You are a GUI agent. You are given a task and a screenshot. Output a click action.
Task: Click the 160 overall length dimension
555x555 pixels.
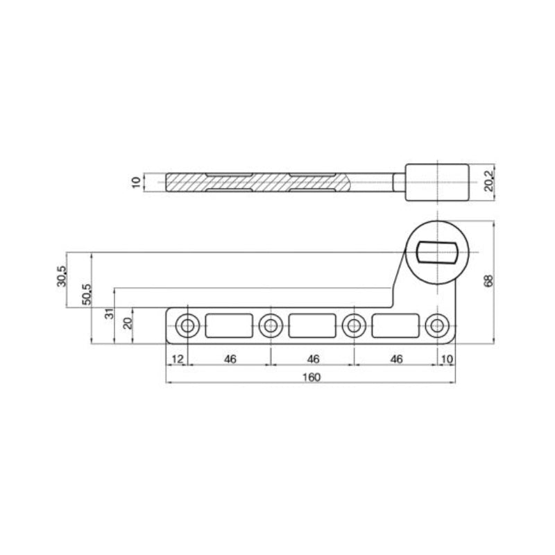click(x=312, y=377)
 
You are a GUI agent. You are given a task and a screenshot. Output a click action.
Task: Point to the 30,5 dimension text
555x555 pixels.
click(x=61, y=276)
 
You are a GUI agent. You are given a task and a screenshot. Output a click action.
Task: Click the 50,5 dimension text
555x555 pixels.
click(x=87, y=296)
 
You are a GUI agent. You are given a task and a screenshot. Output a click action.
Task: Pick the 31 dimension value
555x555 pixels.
click(x=108, y=313)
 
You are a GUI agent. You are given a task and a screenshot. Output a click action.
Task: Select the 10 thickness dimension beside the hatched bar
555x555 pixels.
click(x=137, y=182)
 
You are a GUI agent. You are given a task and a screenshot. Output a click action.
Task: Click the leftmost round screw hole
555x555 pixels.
click(x=187, y=325)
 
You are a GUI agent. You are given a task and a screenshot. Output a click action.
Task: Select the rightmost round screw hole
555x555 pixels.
click(x=436, y=325)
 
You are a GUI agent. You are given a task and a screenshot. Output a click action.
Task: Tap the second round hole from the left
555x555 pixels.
click(x=270, y=325)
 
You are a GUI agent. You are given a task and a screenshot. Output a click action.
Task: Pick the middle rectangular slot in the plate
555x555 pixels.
click(x=312, y=325)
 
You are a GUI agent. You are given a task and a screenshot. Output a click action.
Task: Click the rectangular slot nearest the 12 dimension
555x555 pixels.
click(x=229, y=325)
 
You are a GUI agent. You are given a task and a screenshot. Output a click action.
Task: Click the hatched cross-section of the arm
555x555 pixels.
click(x=277, y=182)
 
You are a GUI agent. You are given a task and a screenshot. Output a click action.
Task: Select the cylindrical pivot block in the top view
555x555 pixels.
click(x=437, y=182)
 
